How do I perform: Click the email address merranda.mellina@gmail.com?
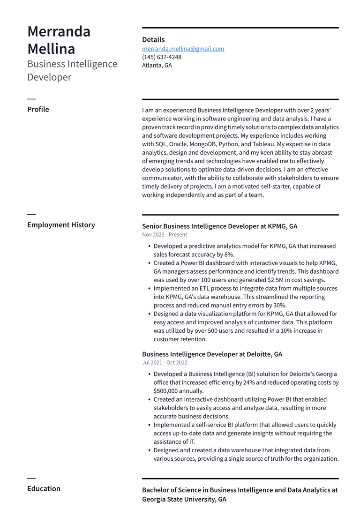(x=183, y=49)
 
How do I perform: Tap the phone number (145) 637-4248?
(x=162, y=57)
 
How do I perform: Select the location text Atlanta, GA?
(x=157, y=66)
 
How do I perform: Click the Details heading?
(x=153, y=40)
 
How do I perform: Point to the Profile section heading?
(x=38, y=110)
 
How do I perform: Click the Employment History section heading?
(x=61, y=225)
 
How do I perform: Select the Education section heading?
(x=44, y=489)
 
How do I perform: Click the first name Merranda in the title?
(x=59, y=31)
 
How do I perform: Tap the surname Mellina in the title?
(x=51, y=49)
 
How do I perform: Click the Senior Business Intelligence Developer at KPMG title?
(x=219, y=226)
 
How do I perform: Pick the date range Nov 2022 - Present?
(x=165, y=235)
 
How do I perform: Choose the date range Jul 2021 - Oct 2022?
(x=165, y=363)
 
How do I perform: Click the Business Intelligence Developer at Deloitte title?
(x=212, y=354)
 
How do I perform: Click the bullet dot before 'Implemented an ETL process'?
(x=149, y=289)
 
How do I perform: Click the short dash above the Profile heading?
(x=31, y=99)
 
